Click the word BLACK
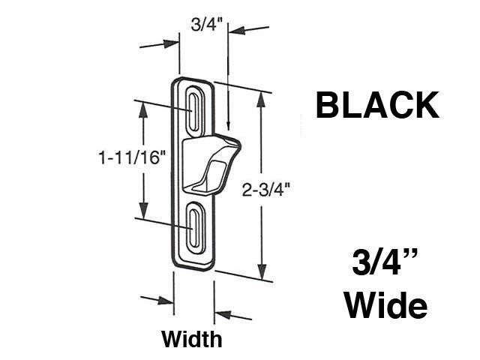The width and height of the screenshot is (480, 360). pos(377,105)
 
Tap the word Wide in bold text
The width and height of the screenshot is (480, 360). pos(388,306)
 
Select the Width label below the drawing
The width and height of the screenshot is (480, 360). pos(192,338)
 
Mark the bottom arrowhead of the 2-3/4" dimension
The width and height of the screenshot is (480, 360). pos(261,275)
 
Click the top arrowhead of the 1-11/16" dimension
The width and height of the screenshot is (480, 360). pos(140,104)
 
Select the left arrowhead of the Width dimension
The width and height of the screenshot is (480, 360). pos(166,301)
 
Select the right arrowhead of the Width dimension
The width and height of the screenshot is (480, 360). pos(222,309)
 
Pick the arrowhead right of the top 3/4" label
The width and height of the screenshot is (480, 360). pos(235,31)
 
